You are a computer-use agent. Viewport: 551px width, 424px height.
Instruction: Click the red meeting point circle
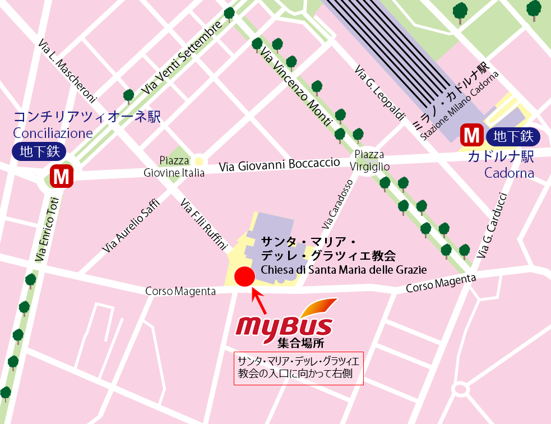click(x=244, y=276)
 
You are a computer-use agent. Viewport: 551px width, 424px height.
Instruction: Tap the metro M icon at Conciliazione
click(x=62, y=177)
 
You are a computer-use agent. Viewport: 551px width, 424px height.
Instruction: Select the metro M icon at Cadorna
click(x=472, y=136)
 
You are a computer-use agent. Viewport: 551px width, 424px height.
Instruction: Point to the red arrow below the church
click(x=259, y=301)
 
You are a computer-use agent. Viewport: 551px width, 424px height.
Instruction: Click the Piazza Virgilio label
click(x=369, y=160)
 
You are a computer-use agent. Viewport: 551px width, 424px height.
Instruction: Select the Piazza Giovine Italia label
click(x=174, y=167)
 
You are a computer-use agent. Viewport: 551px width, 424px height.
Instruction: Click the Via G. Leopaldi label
click(x=379, y=93)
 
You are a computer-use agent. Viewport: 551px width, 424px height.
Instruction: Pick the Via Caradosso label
click(x=338, y=204)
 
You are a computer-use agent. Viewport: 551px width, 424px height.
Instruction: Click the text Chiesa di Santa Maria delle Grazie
click(x=344, y=270)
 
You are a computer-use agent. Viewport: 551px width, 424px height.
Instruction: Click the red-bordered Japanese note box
click(x=299, y=368)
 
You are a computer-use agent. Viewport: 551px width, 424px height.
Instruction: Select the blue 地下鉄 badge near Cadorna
click(x=513, y=136)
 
